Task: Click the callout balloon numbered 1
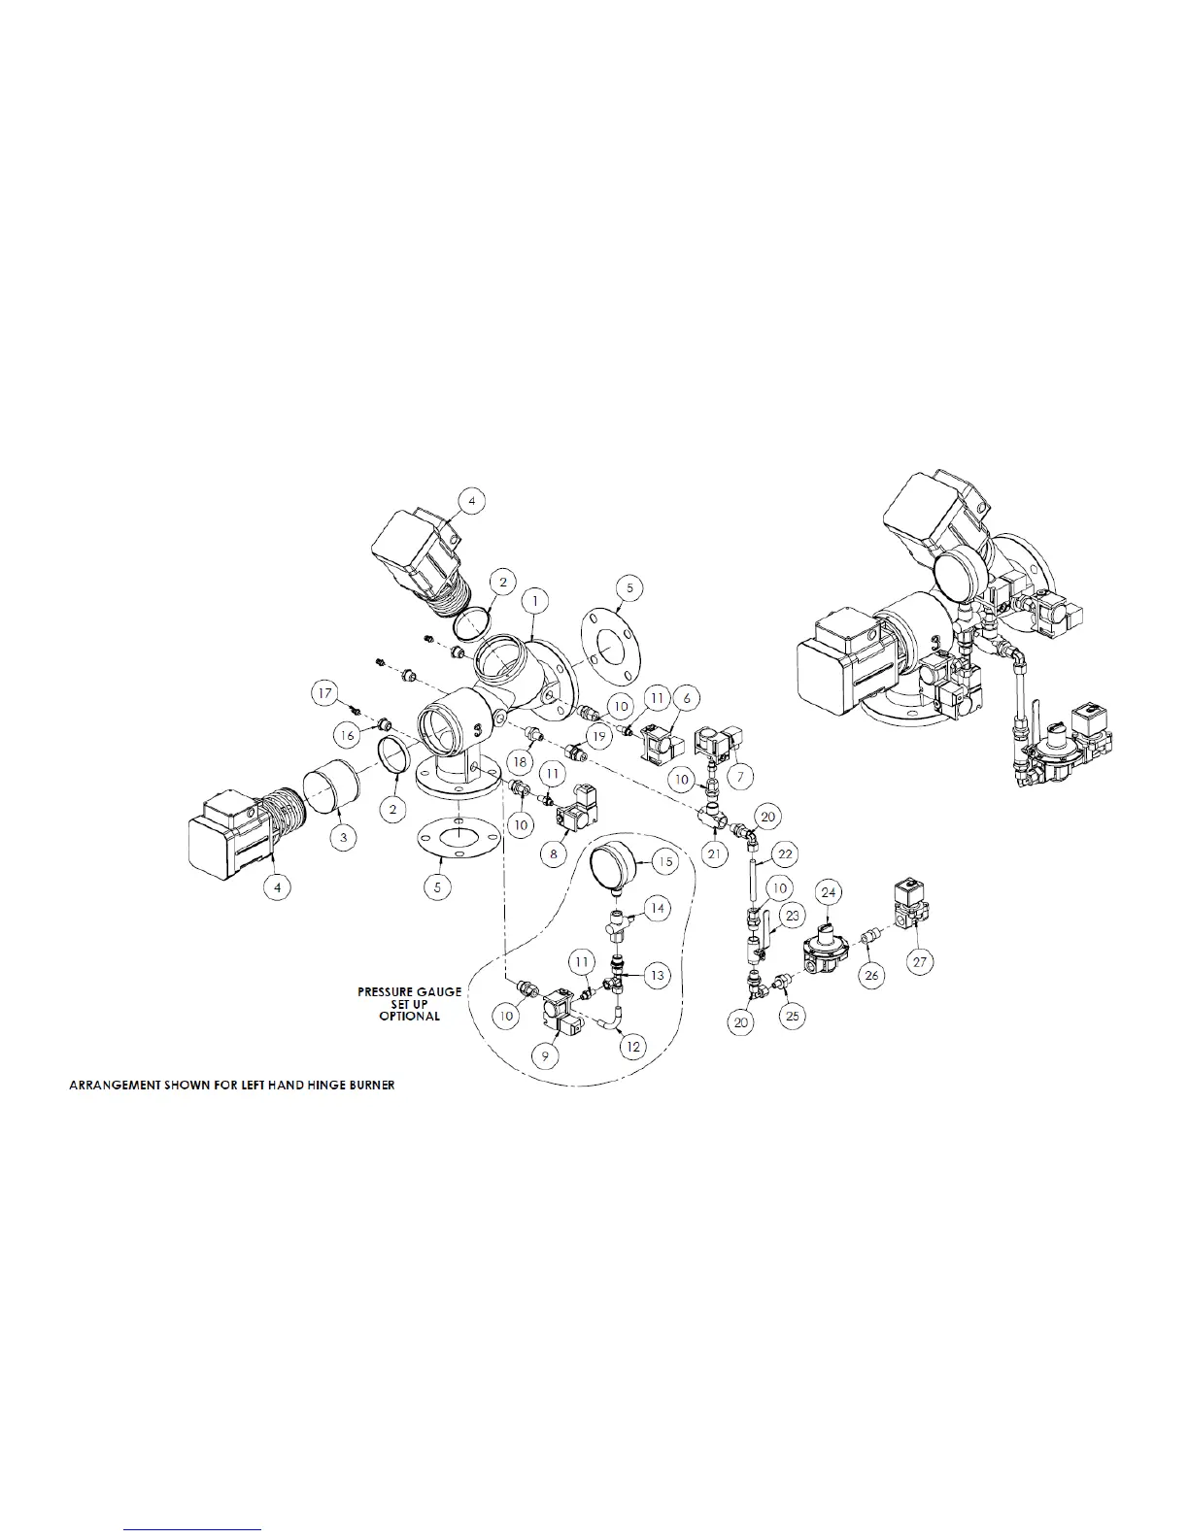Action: [533, 601]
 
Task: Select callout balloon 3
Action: [342, 838]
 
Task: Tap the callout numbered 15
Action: [665, 861]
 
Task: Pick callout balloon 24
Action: [829, 891]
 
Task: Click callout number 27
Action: [920, 961]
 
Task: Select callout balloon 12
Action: [634, 1047]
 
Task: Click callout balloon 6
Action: [687, 697]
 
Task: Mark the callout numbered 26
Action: [872, 976]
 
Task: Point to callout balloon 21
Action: [716, 853]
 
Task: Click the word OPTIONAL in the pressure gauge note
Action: [409, 1016]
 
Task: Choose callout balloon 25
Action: [793, 1016]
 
